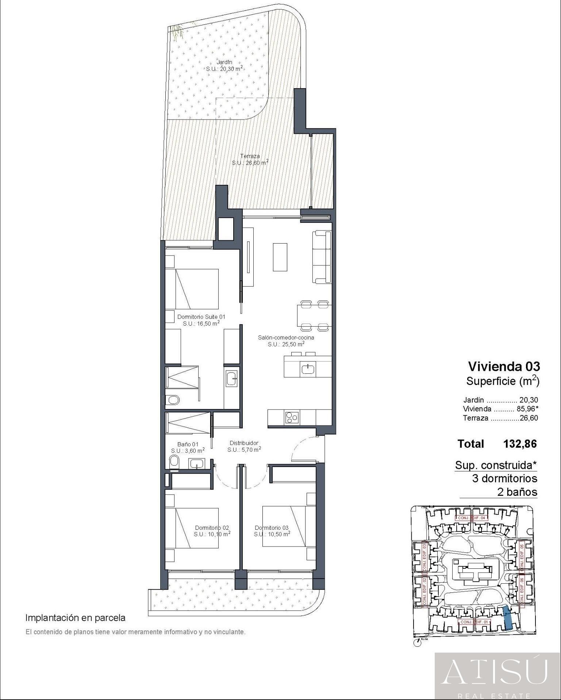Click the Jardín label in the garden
pyautogui.click(x=224, y=62)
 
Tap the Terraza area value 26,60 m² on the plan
pyautogui.click(x=250, y=163)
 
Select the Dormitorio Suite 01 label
pyautogui.click(x=201, y=317)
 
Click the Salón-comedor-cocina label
pyautogui.click(x=286, y=338)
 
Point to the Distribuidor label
pyautogui.click(x=244, y=443)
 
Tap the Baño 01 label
pyautogui.click(x=188, y=444)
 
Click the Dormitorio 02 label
pyautogui.click(x=212, y=528)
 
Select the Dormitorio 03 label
pyautogui.click(x=272, y=528)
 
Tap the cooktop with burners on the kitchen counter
pyautogui.click(x=292, y=417)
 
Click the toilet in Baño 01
pyautogui.click(x=174, y=462)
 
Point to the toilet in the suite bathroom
pyautogui.click(x=173, y=400)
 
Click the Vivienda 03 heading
pyautogui.click(x=504, y=366)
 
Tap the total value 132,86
pyautogui.click(x=520, y=444)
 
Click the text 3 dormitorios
pyautogui.click(x=504, y=478)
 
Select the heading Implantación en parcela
pyautogui.click(x=75, y=618)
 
